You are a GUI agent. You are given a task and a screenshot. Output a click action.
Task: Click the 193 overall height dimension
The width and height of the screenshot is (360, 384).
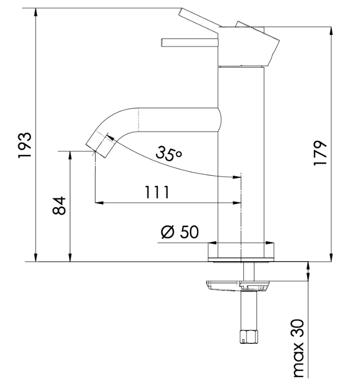click(25, 145)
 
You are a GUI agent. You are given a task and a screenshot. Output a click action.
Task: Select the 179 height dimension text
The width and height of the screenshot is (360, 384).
click(320, 153)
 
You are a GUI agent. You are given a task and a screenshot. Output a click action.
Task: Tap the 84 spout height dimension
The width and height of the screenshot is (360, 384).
click(59, 206)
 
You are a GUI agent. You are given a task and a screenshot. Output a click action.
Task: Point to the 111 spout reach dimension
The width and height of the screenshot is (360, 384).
click(157, 192)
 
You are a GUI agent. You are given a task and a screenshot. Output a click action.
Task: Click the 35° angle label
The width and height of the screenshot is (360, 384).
click(169, 153)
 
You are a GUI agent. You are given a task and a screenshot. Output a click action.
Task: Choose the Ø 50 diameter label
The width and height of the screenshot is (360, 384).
click(179, 232)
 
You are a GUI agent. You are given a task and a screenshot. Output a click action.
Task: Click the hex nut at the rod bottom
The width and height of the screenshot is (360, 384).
click(249, 337)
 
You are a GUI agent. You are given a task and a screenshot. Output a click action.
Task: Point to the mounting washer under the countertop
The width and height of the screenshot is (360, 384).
click(238, 286)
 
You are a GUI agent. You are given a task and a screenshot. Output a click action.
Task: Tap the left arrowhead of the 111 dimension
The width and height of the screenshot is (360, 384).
click(99, 203)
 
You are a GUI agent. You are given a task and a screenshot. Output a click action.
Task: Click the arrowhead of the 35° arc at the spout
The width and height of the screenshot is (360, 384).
click(111, 137)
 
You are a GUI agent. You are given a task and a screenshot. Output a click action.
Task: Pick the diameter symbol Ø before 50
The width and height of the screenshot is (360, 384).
click(168, 232)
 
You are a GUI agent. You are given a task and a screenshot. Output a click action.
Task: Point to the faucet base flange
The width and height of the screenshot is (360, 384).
click(241, 252)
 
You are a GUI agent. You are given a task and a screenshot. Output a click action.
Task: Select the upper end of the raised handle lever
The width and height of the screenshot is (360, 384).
click(181, 11)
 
